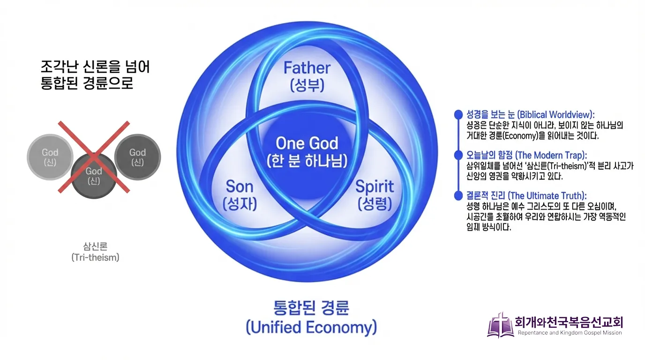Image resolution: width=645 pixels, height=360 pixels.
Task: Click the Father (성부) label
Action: pyautogui.click(x=307, y=76)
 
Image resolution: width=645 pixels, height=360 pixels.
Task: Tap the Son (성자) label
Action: pyautogui.click(x=240, y=195)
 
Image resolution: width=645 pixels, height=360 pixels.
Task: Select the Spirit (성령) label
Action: pyautogui.click(x=374, y=195)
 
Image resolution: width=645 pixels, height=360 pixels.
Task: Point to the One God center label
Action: pyautogui.click(x=307, y=151)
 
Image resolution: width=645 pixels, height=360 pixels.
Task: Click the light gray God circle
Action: pyautogui.click(x=50, y=157)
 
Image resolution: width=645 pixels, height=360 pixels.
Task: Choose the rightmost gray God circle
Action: pyautogui.click(x=138, y=157)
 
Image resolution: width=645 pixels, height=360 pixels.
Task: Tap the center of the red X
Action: pyautogui.click(x=94, y=157)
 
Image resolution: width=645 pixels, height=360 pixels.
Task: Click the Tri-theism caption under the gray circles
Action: pyautogui.click(x=95, y=252)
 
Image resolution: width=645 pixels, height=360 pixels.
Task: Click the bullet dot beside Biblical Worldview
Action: pyautogui.click(x=458, y=115)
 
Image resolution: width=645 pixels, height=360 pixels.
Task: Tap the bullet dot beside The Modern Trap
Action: pyautogui.click(x=458, y=155)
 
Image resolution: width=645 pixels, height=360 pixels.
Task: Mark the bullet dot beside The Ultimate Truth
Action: pyautogui.click(x=458, y=195)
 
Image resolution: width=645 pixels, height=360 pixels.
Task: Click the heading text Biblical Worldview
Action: pyautogui.click(x=530, y=115)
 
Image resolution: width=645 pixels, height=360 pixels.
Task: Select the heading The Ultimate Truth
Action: pyautogui.click(x=526, y=195)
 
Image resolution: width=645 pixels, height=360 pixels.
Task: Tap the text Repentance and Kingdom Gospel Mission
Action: pyautogui.click(x=570, y=333)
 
